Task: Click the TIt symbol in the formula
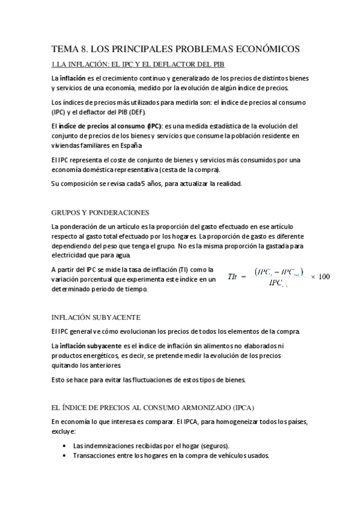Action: tap(233, 276)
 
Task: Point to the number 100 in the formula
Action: tap(324, 276)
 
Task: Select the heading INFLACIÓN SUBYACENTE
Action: tap(96, 317)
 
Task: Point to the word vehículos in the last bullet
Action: tap(219, 455)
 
